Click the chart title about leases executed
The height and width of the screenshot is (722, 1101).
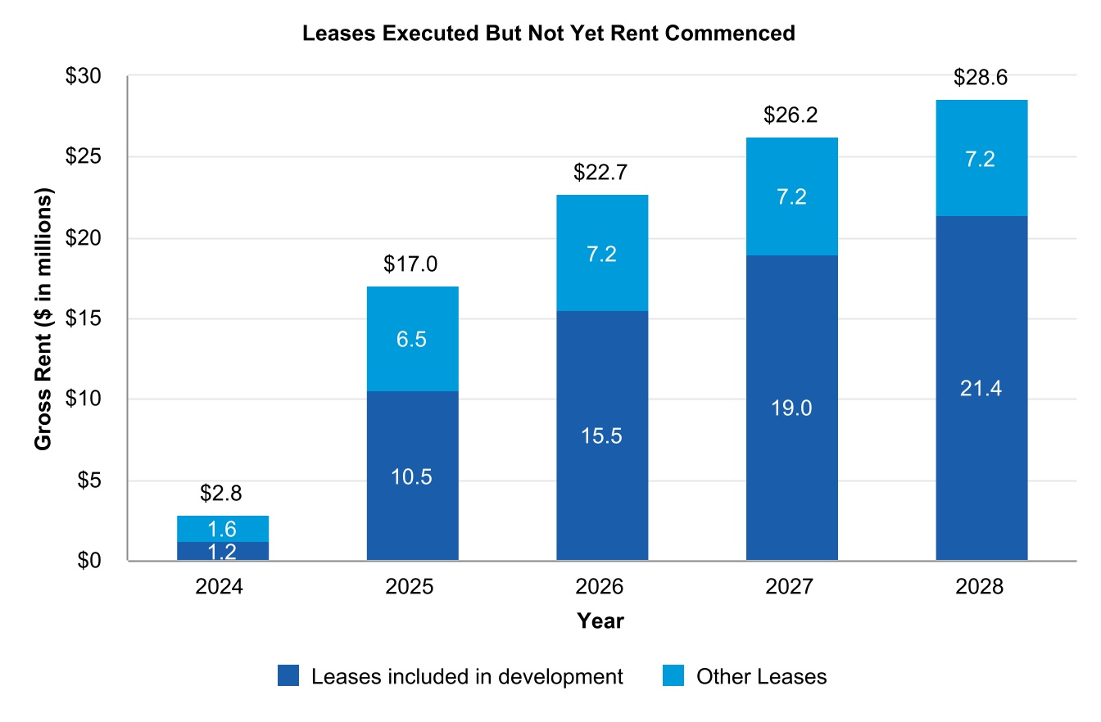coord(549,34)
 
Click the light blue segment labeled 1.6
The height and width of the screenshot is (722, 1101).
coord(223,529)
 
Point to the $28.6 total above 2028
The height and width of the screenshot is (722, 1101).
coord(981,79)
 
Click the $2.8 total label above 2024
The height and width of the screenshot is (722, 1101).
coord(222,494)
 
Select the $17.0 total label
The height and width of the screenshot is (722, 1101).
coord(411,264)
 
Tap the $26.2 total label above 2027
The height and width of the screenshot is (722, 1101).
coord(791,116)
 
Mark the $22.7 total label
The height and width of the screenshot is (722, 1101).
coord(601,173)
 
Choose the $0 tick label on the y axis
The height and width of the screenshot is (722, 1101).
coord(88,561)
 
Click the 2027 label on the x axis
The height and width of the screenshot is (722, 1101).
coord(791,588)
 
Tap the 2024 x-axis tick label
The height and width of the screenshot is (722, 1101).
coord(222,588)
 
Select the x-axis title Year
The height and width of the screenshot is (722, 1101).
coord(600,621)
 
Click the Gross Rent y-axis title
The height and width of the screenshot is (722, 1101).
coord(43,319)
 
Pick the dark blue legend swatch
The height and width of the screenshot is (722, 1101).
coord(289,676)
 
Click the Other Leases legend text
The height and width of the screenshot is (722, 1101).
coord(761,677)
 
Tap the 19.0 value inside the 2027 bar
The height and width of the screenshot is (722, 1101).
coord(792,408)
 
